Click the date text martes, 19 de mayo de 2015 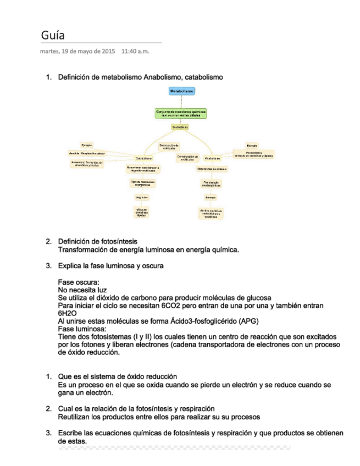pos(77,52)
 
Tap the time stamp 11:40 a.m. pos(135,52)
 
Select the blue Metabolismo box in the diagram pos(181,90)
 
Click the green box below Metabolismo pos(181,113)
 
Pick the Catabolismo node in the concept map pos(144,158)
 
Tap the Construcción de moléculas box pos(187,157)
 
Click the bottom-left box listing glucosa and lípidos pos(141,212)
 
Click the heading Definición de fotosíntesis pos(98,241)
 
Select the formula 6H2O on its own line pos(67,313)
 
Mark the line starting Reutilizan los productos pos(159,417)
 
